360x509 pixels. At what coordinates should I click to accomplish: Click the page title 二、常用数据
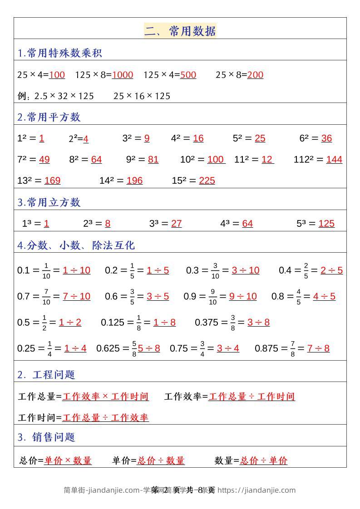180,31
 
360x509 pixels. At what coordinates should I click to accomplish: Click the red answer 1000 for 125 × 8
122,75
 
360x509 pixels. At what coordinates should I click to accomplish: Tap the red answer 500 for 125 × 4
188,75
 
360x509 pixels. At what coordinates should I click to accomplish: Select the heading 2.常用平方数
49,117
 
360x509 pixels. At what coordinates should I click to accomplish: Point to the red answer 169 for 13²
52,181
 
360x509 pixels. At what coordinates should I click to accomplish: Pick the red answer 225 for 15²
207,181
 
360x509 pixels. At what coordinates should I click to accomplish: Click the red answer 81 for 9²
153,159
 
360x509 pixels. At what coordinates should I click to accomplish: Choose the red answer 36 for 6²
326,138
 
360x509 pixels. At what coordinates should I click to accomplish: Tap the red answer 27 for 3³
176,223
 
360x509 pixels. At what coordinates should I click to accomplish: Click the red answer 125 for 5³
326,223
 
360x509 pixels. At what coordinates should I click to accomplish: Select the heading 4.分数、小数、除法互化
76,245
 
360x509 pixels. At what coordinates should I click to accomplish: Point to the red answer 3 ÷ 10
245,270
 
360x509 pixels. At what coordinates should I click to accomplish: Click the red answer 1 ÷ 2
70,323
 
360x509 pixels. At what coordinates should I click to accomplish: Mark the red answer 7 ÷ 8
318,348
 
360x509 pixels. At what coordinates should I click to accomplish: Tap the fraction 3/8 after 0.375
233,323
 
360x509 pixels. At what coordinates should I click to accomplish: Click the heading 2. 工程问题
46,374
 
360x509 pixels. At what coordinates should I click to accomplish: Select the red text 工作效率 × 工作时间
105,396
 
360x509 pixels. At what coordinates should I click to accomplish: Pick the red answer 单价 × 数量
68,460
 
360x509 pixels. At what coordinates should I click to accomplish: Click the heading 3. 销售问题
46,437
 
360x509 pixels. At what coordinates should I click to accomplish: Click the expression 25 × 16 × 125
142,96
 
